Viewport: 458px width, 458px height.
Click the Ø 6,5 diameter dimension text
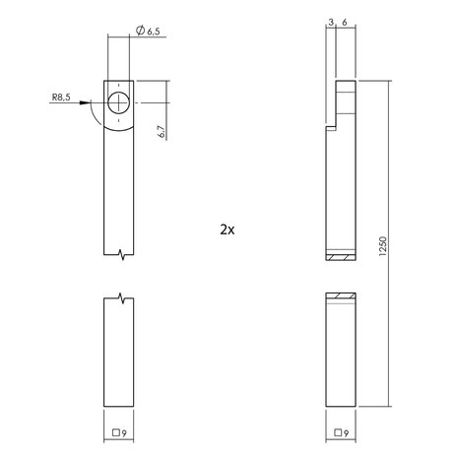pos(148,32)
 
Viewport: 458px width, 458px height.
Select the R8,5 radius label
pos(61,98)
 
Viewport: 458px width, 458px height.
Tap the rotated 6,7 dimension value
pos(161,130)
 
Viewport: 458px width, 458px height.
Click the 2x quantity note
pos(228,229)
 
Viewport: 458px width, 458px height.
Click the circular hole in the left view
pos(118,103)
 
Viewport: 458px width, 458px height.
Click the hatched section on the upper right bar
pos(340,258)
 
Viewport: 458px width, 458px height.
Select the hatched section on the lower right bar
pos(340,296)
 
